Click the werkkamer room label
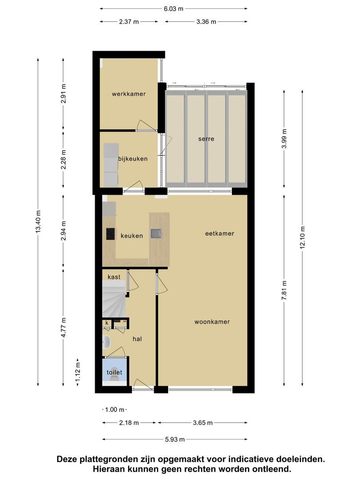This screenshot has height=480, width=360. pyautogui.click(x=128, y=94)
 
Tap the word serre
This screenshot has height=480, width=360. pyautogui.click(x=206, y=139)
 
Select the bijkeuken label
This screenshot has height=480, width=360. pyautogui.click(x=133, y=159)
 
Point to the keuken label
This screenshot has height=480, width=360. pyautogui.click(x=132, y=236)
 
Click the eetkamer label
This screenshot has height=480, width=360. pyautogui.click(x=220, y=234)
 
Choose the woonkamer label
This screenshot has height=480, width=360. pyautogui.click(x=212, y=322)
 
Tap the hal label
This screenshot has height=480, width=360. pyautogui.click(x=137, y=339)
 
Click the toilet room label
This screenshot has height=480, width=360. pyautogui.click(x=114, y=372)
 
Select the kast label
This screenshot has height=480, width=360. pyautogui.click(x=114, y=277)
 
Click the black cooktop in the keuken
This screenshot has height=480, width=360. pyautogui.click(x=111, y=234)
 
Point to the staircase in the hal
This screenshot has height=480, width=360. pyautogui.click(x=114, y=300)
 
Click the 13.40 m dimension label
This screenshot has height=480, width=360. pyautogui.click(x=38, y=222)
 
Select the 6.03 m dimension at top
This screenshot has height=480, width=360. pyautogui.click(x=174, y=8)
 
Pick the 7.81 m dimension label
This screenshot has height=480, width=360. pyautogui.click(x=284, y=290)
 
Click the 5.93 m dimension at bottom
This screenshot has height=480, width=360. pyautogui.click(x=175, y=440)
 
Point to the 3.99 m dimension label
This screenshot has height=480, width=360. pyautogui.click(x=284, y=139)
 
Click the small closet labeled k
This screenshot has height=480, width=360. pyautogui.click(x=107, y=323)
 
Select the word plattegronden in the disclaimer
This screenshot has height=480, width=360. pyautogui.click(x=109, y=459)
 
